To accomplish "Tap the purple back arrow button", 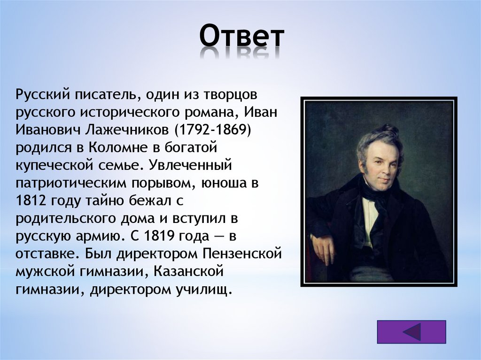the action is [x=411, y=332].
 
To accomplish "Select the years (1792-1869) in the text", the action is [x=213, y=130].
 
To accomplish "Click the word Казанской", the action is [x=188, y=272].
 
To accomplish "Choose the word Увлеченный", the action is [x=190, y=166].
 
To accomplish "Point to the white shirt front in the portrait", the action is [x=370, y=218].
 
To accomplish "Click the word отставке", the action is [x=48, y=254].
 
